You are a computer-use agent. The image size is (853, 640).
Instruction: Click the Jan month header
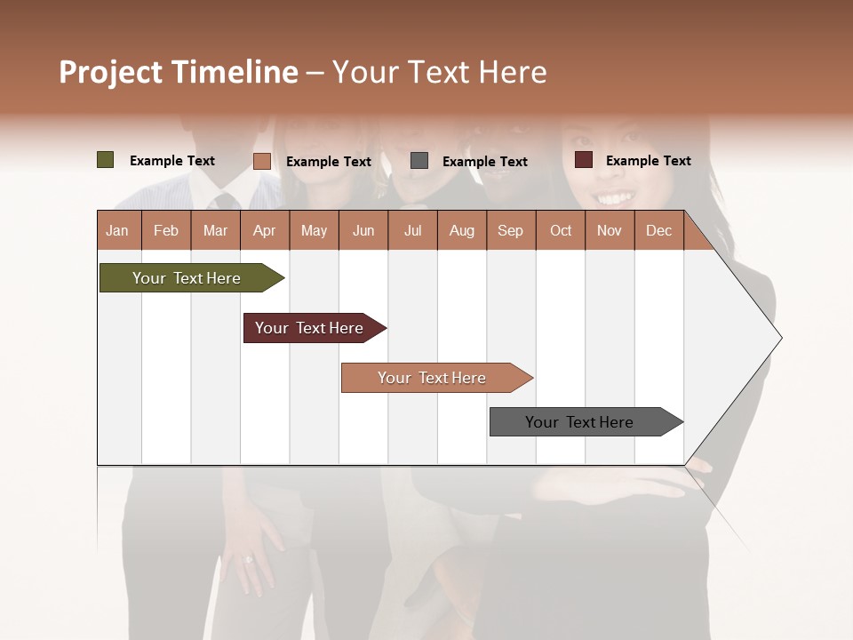tap(117, 230)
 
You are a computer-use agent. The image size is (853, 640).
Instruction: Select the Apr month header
tap(264, 230)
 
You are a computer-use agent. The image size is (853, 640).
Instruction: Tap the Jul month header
tap(412, 230)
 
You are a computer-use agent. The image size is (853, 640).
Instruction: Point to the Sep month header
tap(510, 230)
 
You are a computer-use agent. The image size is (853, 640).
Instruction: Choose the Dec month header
tap(658, 230)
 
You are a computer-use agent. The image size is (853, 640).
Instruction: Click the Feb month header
tap(166, 230)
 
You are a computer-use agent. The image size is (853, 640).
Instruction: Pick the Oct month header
tap(561, 230)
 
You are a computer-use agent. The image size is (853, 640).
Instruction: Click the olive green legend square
tap(106, 160)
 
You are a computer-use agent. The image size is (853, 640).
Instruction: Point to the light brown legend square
tap(262, 161)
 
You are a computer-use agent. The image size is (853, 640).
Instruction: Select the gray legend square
tap(419, 161)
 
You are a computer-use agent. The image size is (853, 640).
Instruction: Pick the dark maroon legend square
tap(584, 160)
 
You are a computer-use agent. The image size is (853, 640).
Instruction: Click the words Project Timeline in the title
tap(179, 72)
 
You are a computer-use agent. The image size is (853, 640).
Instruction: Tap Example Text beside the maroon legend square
tap(648, 161)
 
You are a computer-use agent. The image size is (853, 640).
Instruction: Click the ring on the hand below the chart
tap(249, 559)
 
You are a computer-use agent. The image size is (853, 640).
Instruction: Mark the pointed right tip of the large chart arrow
tap(780, 338)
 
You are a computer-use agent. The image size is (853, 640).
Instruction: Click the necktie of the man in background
tap(226, 201)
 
